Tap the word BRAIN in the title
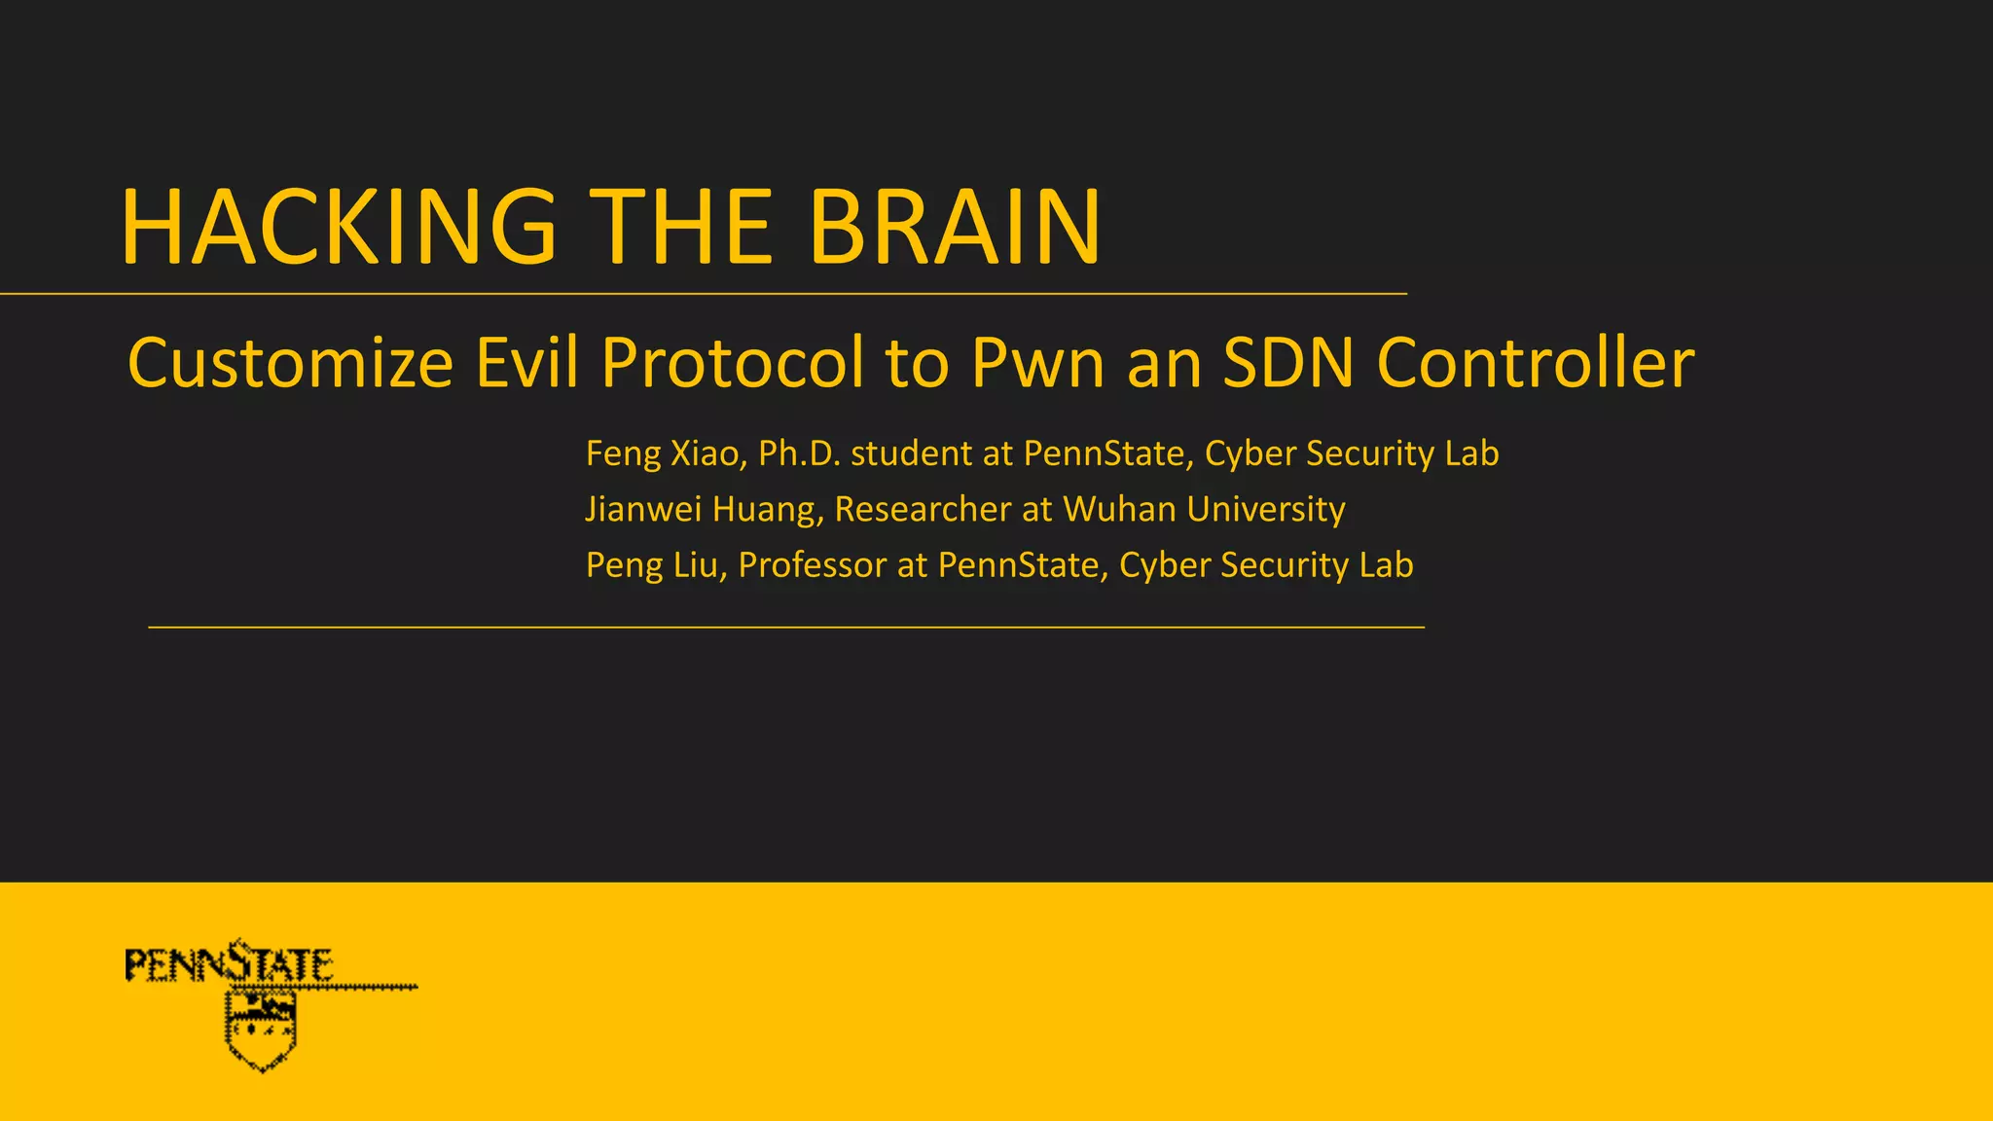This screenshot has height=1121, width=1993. [x=955, y=228]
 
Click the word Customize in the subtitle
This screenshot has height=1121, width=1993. [x=290, y=363]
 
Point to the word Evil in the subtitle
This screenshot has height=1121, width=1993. [x=526, y=363]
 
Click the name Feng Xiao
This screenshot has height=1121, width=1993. [x=665, y=454]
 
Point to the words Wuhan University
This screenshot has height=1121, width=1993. [x=1204, y=510]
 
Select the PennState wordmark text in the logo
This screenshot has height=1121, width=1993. [x=230, y=965]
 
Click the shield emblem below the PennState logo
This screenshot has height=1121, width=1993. [x=261, y=1030]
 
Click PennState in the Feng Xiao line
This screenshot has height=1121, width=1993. [x=1104, y=454]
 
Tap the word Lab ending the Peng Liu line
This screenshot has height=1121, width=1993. [x=1387, y=565]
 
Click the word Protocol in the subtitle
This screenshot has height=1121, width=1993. [x=732, y=363]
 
